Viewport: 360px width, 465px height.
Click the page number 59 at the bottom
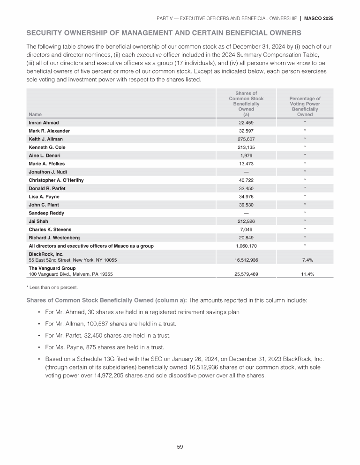[x=180, y=447]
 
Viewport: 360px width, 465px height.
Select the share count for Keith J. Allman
[x=246, y=139]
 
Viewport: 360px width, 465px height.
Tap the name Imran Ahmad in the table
[x=44, y=123]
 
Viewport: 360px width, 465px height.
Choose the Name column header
[x=35, y=114]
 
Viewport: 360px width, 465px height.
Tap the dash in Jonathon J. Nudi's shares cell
[x=246, y=172]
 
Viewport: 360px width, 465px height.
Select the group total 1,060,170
[x=246, y=245]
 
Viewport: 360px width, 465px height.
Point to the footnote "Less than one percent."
[x=52, y=287]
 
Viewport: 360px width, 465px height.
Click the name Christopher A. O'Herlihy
[x=56, y=180]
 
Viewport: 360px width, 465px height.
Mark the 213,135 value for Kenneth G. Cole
[x=246, y=147]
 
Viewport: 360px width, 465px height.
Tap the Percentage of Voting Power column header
[x=305, y=107]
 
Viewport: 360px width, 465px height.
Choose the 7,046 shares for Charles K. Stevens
[x=246, y=229]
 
